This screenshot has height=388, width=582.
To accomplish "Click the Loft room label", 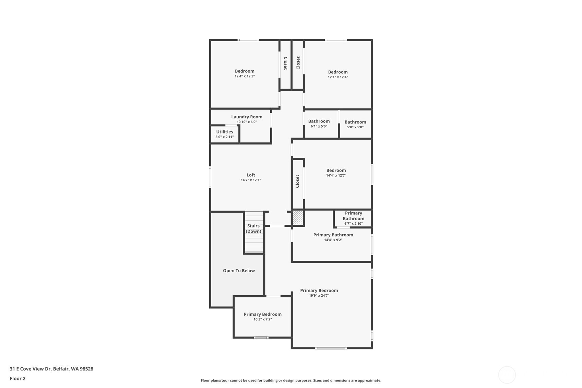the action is (x=251, y=175).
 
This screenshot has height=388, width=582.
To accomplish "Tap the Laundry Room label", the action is (x=247, y=117).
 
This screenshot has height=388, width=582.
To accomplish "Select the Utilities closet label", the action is (x=225, y=132).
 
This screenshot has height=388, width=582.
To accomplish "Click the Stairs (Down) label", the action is (x=253, y=228).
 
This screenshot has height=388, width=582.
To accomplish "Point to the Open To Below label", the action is (x=239, y=271).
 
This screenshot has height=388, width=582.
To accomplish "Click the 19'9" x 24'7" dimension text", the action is (x=319, y=295).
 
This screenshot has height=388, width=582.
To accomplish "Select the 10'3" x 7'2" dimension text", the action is (x=263, y=319).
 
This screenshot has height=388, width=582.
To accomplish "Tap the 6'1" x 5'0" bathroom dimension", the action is (x=319, y=126).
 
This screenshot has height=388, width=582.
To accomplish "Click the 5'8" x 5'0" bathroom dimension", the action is (x=355, y=127).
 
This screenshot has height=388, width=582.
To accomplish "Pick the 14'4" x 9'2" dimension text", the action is (x=333, y=240).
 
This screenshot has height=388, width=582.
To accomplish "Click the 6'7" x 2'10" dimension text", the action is (x=353, y=223).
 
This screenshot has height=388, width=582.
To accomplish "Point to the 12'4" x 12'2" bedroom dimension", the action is (x=245, y=76).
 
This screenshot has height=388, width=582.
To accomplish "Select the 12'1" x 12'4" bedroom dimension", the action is (x=338, y=77).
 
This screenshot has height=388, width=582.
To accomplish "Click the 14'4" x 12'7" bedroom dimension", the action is (x=336, y=175).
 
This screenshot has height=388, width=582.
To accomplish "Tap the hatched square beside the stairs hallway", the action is (x=298, y=217).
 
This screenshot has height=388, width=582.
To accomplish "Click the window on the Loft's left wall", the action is (x=210, y=177).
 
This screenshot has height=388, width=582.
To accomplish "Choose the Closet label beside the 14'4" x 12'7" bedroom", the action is (x=297, y=181).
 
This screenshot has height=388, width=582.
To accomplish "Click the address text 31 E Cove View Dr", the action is (x=31, y=368).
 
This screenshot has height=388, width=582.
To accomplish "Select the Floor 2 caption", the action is (x=18, y=378).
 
